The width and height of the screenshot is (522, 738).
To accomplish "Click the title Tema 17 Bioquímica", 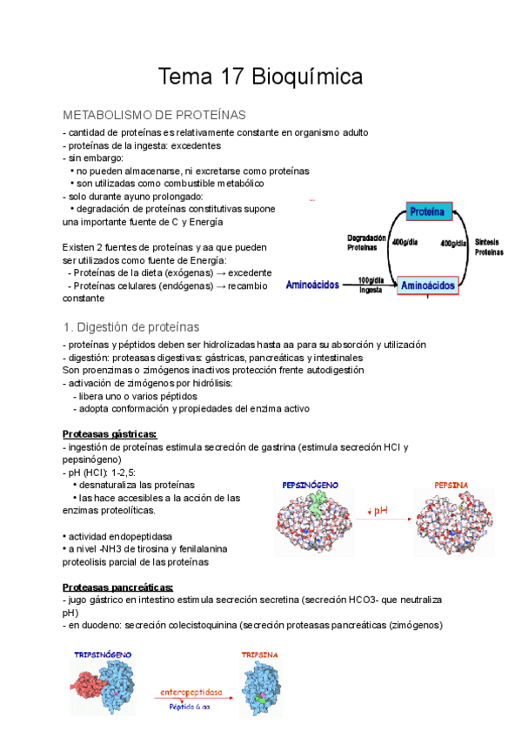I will pyautogui.click(x=260, y=77).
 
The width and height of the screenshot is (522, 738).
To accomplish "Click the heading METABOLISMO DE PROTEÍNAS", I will pyautogui.click(x=155, y=115).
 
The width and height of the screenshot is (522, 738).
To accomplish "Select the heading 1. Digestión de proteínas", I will pyautogui.click(x=131, y=327).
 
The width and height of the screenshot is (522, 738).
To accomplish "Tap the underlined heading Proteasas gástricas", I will pyautogui.click(x=110, y=433).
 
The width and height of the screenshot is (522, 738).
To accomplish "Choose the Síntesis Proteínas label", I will pyautogui.click(x=489, y=246).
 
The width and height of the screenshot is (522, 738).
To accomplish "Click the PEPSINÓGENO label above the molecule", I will pyautogui.click(x=310, y=484).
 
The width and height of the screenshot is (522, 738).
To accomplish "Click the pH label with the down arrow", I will pyautogui.click(x=377, y=511).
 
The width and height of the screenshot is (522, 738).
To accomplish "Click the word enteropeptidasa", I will pyautogui.click(x=191, y=693).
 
